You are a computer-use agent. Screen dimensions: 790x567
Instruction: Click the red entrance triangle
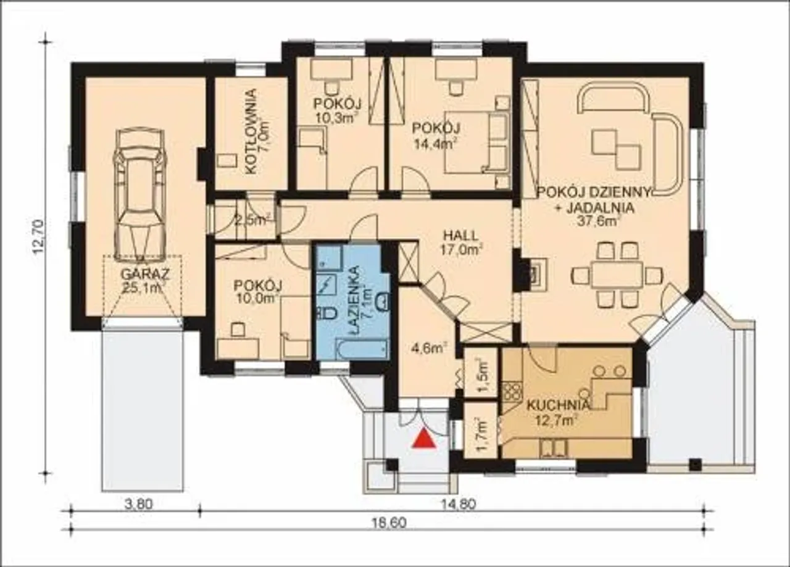425,439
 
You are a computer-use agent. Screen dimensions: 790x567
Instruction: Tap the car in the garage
140,195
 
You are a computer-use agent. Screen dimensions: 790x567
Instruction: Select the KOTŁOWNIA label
251,131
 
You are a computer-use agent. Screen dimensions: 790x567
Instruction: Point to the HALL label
460,235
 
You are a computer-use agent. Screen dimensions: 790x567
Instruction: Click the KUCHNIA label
558,405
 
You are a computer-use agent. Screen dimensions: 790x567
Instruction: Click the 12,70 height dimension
38,236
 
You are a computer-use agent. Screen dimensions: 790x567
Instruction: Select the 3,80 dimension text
139,504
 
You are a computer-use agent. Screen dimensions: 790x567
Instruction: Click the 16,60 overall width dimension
389,523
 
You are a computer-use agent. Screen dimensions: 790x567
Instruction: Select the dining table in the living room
617,275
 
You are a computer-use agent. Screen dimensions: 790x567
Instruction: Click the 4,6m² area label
429,349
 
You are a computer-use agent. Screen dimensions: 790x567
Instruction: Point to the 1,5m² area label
483,375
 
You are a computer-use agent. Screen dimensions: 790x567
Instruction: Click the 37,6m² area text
599,221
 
